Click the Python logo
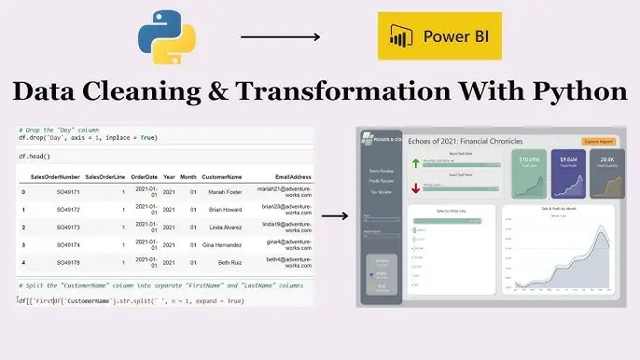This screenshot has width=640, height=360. (x=168, y=35)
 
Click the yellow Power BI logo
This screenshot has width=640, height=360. (x=438, y=38)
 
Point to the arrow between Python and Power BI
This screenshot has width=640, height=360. (x=280, y=37)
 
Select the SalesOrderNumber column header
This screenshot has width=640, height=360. (x=54, y=176)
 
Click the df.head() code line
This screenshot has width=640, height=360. (x=35, y=157)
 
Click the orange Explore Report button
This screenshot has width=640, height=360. (x=599, y=142)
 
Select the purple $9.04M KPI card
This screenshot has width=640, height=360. (x=567, y=173)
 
